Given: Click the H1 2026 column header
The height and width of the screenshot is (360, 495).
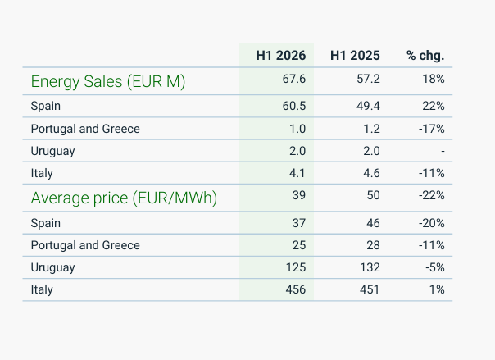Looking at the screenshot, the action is point(280,56).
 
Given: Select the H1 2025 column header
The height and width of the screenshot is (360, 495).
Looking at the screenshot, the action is point(355,56).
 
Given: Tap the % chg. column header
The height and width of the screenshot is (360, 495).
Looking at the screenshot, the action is point(425,56).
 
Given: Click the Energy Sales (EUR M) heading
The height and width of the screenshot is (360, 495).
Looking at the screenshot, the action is point(108,82).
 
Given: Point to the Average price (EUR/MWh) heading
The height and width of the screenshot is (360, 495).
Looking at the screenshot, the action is point(124,198).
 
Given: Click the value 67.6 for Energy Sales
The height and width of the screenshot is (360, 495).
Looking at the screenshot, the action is point(294,79).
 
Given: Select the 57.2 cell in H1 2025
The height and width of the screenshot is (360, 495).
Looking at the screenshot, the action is point(368,79).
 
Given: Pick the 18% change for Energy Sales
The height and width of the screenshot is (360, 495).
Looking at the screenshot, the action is point(434,79).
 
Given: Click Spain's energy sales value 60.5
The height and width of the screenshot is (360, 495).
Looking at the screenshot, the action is point(294,106).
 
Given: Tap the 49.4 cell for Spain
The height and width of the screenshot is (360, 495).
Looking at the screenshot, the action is point(368,106).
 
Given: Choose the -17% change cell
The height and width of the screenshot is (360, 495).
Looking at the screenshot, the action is point(432,129).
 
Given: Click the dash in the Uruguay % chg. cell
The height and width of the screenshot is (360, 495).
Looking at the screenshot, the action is point(443,151).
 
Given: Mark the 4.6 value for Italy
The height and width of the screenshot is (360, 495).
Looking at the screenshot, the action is point(371,173).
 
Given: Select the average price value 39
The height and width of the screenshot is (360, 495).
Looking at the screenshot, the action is point(299,195).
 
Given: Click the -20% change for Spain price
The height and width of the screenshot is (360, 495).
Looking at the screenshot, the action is point(432,223).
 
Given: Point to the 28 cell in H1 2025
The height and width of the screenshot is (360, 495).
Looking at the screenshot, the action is point(373,245).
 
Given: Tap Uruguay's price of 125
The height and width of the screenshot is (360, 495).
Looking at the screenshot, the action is point(296,267).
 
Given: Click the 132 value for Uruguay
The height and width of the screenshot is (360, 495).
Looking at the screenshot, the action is point(370,267).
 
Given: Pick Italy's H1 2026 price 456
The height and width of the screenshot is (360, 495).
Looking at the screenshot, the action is point(296,289).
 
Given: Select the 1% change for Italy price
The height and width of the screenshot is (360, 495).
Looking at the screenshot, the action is point(437,289).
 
